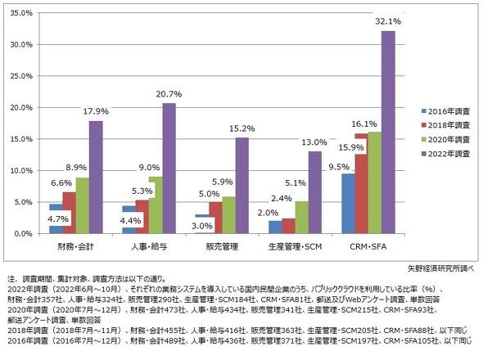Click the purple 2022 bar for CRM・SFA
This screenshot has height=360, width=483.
pyautogui.click(x=388, y=132)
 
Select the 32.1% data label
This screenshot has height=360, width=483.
pyautogui.click(x=388, y=21)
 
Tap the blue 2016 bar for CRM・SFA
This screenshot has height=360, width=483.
pyautogui.click(x=349, y=204)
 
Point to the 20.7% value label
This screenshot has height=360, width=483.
pyautogui.click(x=169, y=94)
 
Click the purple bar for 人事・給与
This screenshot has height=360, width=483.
pyautogui.click(x=169, y=169)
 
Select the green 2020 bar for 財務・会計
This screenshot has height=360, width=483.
pyautogui.click(x=83, y=205)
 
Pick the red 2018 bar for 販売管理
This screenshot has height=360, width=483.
pyautogui.click(x=215, y=218)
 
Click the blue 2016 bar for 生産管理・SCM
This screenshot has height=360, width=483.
pyautogui.click(x=275, y=227)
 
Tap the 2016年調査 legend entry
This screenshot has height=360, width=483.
pyautogui.click(x=445, y=111)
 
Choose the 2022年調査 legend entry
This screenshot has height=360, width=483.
pyautogui.click(x=445, y=154)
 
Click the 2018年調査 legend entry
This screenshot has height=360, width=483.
pyautogui.click(x=445, y=125)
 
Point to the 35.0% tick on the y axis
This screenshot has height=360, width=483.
pyautogui.click(x=21, y=13)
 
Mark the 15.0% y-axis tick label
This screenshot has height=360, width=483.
pyautogui.click(x=21, y=139)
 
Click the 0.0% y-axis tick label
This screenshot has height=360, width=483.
pyautogui.click(x=23, y=234)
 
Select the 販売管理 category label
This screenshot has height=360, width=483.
pyautogui.click(x=222, y=246)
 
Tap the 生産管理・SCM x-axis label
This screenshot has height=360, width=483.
pyautogui.click(x=295, y=246)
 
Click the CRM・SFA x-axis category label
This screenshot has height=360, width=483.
pyautogui.click(x=368, y=246)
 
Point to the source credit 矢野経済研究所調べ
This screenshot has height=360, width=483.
pyautogui.click(x=441, y=268)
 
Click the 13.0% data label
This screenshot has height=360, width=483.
pyautogui.click(x=314, y=142)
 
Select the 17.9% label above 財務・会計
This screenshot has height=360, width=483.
pyautogui.click(x=96, y=111)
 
